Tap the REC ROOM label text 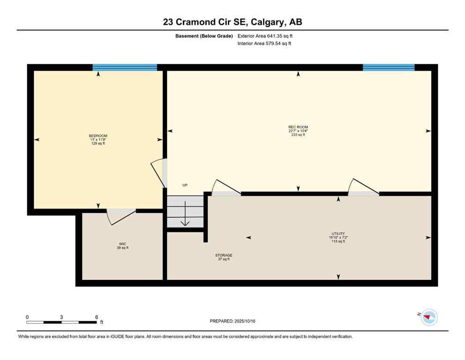coord(298,127)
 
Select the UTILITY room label coord(338,233)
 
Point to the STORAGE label coord(223,255)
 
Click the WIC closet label coord(123,244)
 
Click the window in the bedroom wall coord(125,67)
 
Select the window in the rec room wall coord(389,67)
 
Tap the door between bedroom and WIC coord(121,217)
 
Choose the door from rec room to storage coord(226,188)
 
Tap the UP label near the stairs coord(185,185)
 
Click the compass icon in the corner coord(429,317)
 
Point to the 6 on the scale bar coord(96,317)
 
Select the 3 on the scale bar coord(62,317)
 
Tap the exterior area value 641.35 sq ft coord(279,36)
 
